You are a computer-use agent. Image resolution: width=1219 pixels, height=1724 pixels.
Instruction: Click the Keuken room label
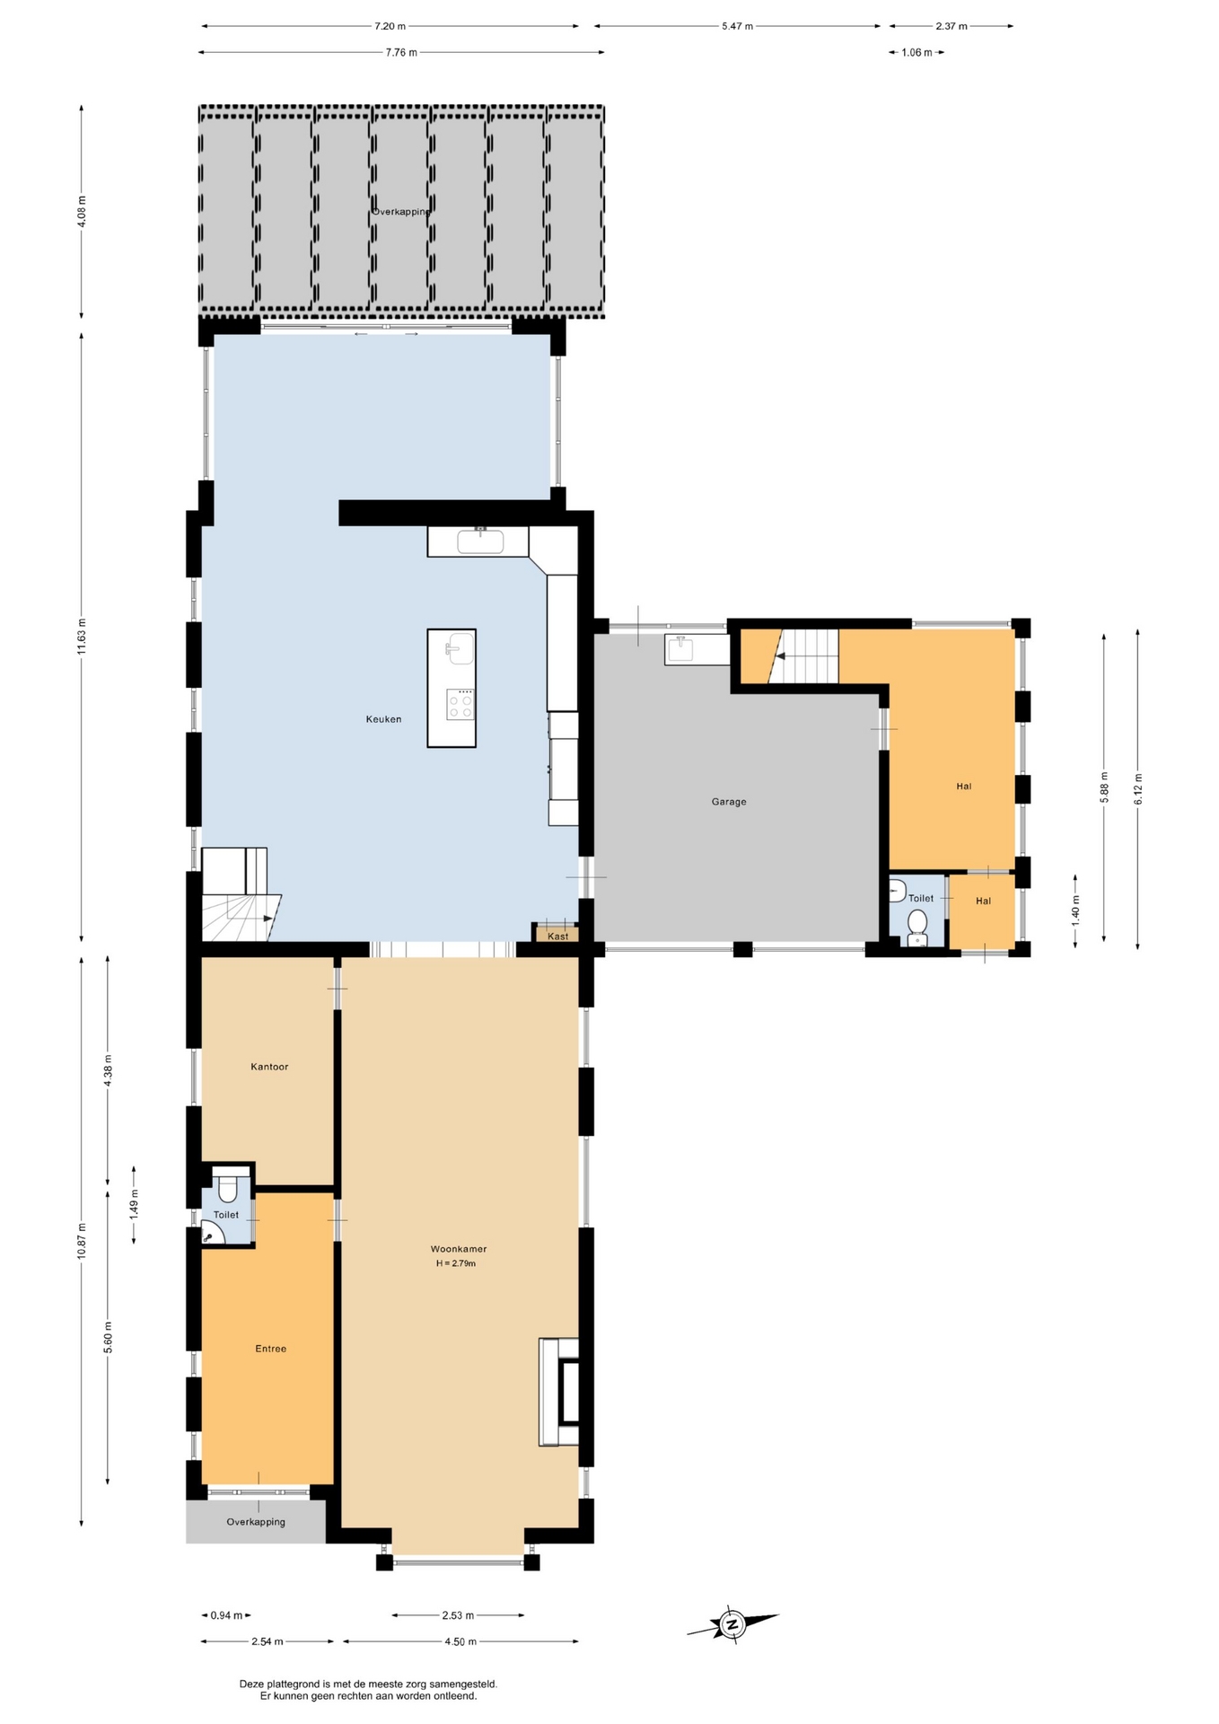pyautogui.click(x=383, y=719)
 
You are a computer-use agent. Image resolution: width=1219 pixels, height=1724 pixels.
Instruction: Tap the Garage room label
pyautogui.click(x=729, y=802)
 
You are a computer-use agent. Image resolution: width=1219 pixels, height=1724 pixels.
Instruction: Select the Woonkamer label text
pyautogui.click(x=458, y=1249)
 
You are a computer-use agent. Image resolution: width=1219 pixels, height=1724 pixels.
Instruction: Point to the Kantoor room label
pyautogui.click(x=269, y=1067)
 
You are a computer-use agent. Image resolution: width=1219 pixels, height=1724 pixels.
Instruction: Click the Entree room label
pyautogui.click(x=270, y=1349)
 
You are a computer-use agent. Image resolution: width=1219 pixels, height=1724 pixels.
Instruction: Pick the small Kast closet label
pyautogui.click(x=557, y=937)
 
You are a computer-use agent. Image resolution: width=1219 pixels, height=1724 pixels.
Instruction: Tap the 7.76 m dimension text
pyautogui.click(x=401, y=52)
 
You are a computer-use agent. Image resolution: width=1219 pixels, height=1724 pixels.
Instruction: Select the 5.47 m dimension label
pyautogui.click(x=737, y=26)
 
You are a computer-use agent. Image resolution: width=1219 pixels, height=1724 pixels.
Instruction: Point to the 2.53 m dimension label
pyautogui.click(x=458, y=1615)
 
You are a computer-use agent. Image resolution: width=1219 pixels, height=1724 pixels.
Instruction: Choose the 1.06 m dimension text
pyautogui.click(x=916, y=52)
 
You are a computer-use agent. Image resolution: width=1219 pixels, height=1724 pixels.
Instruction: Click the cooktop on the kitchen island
pyautogui.click(x=460, y=704)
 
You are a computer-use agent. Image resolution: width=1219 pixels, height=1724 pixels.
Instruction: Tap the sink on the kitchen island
pyautogui.click(x=460, y=647)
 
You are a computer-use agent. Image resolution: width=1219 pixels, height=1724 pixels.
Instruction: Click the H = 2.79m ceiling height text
pyautogui.click(x=456, y=1263)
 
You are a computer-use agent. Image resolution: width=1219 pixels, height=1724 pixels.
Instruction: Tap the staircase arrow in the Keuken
pyautogui.click(x=267, y=919)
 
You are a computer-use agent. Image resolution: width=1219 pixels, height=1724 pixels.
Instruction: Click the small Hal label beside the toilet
pyautogui.click(x=984, y=901)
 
